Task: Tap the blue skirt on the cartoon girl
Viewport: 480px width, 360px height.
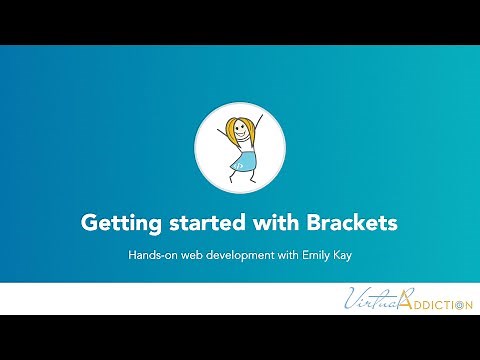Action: click(242, 161)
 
